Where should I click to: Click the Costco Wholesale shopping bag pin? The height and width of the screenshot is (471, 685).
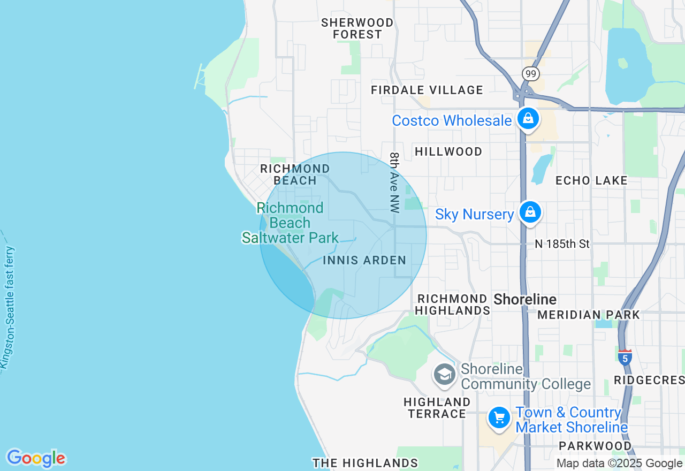pos(528,118)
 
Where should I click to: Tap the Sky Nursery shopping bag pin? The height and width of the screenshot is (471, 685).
pos(530,212)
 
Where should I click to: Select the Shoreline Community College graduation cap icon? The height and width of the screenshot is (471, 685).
pos(444,374)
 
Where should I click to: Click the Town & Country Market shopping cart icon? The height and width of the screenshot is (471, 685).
pos(499,417)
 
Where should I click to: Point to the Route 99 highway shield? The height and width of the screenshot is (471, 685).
pos(530,74)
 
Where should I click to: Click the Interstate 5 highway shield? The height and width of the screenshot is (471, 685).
pos(625,357)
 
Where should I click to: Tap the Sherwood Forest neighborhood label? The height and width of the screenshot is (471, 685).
pos(357,28)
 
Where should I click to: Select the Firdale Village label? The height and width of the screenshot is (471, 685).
pos(427,90)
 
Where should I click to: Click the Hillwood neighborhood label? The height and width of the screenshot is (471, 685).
pos(448,151)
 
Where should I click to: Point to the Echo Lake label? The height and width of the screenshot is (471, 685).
pos(591,180)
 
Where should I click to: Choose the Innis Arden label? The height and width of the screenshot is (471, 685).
pos(364,260)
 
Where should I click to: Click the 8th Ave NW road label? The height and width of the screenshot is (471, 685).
pos(395,183)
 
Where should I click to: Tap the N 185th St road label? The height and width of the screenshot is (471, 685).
pos(562,244)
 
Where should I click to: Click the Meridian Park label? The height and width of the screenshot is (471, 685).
pos(589,315)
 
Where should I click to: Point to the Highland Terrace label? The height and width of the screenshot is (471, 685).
pos(437,407)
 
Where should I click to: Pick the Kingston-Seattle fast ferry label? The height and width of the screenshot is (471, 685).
pos(8,308)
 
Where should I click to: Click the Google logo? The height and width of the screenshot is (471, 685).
pos(36,458)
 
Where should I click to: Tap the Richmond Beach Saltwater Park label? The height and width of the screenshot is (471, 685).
pos(290,223)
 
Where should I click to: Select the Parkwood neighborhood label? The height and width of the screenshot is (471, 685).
pos(595,446)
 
